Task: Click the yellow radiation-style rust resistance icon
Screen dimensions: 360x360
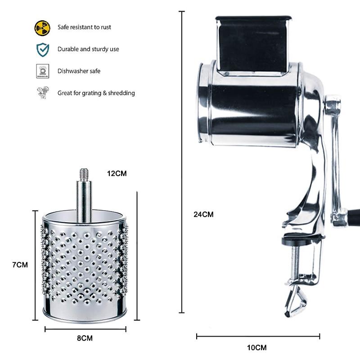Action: [42, 27]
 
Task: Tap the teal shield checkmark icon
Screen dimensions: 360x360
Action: [42, 49]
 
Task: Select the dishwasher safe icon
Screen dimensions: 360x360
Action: [42, 71]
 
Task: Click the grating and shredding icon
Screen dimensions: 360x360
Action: [42, 93]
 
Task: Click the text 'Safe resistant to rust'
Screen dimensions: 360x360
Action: [84, 27]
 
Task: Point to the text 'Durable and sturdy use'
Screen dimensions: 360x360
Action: [88, 49]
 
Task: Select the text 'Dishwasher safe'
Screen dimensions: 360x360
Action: [79, 71]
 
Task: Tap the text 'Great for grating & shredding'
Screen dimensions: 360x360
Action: [96, 93]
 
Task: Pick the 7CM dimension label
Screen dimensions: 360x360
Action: [20, 265]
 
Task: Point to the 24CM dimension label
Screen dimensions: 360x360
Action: [203, 215]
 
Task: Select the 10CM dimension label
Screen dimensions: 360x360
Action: [257, 347]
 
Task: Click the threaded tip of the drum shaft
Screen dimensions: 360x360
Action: [83, 173]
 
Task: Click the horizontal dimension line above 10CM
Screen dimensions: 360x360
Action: [258, 336]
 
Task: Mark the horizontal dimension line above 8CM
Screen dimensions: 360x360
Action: [85, 329]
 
